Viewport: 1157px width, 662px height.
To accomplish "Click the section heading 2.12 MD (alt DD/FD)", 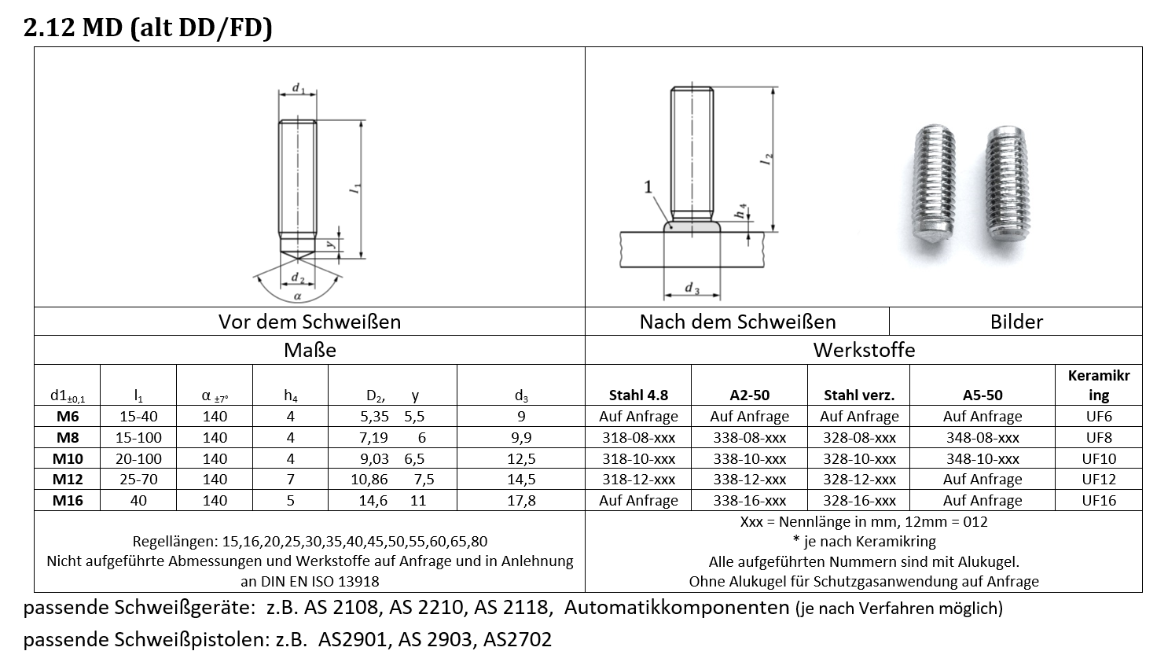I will [148, 28].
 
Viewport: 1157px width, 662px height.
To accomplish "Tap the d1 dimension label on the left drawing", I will [299, 88].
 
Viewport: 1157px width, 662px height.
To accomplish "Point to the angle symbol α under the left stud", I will [297, 296].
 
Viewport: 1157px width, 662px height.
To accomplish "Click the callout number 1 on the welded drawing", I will [648, 186].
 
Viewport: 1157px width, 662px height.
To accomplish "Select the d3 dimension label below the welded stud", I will [692, 289].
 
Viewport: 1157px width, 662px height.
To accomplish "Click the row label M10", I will [68, 458].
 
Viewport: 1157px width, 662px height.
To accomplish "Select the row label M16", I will [68, 500].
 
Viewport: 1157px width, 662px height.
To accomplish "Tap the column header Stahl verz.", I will [858, 395].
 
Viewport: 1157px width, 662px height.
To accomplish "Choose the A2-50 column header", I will [749, 395].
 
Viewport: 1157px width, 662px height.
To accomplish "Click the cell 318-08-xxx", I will [638, 438].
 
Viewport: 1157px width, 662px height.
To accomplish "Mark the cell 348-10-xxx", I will [982, 458].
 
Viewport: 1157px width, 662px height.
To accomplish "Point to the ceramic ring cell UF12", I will [1098, 479].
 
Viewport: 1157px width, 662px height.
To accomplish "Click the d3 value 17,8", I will [521, 500].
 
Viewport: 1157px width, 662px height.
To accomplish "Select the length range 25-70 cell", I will [138, 479].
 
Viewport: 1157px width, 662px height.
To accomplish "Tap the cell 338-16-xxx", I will [749, 500].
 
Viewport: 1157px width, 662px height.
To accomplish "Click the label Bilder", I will [1016, 322].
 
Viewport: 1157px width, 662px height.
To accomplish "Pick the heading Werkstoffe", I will [864, 350].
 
